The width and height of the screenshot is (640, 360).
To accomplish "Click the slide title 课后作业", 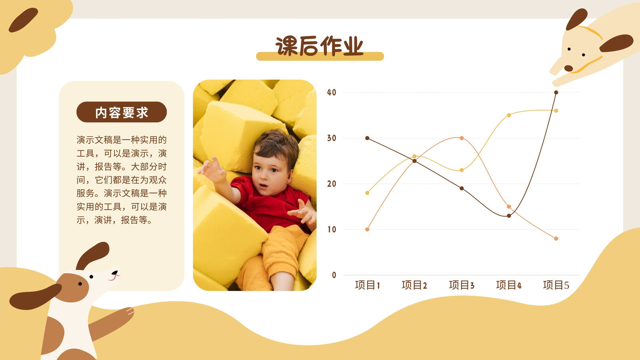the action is coord(320,46).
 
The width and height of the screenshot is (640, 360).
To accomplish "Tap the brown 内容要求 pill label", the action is coord(122,112).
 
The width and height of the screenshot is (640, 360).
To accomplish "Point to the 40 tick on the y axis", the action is coord(332,92).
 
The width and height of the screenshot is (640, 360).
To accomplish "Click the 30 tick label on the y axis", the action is coord(332,138).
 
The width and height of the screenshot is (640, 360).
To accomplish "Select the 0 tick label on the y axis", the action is coord(334,275).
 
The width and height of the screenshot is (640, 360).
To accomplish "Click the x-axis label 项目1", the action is coord(368,285).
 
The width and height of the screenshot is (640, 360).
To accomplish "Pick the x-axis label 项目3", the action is coord(462,285).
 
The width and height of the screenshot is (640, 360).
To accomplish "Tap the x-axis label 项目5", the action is coord(556,285).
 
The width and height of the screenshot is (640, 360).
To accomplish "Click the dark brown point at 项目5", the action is coord(556,92).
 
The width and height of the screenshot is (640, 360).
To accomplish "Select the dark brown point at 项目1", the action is coord(368,138).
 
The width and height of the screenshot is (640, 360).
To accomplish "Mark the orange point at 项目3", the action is coord(462,138).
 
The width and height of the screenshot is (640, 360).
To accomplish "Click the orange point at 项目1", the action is coord(368,229).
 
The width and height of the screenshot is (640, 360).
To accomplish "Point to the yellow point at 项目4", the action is coord(509,115).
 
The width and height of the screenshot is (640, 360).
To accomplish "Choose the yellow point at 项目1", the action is coord(368,193).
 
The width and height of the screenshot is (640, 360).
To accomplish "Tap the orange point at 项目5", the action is coord(556,238).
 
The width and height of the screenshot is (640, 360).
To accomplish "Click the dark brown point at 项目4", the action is coord(509,216).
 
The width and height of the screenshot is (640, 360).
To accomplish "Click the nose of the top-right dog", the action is coord(568,68).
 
